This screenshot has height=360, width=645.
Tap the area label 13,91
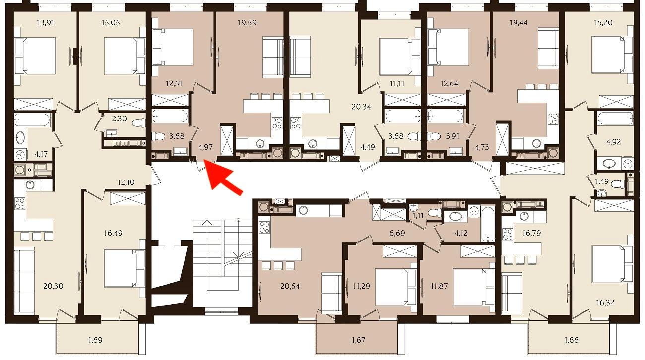coord(46,23)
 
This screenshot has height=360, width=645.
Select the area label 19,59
coord(247,23)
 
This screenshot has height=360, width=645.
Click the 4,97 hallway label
coord(205,147)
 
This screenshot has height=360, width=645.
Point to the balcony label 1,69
coord(95,340)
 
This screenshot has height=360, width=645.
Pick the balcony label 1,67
coord(358,340)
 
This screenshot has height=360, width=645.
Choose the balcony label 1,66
coord(571,340)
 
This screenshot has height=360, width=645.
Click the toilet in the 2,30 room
coord(139,123)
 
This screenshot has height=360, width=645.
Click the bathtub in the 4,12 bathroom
coord(488,224)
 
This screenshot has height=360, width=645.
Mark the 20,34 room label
coord(361,107)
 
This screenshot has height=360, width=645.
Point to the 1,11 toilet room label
coord(418,215)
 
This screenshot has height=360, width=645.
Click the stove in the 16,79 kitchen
coord(508,234)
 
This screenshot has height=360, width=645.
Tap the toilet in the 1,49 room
coord(617,183)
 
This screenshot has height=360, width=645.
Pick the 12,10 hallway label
coord(126,182)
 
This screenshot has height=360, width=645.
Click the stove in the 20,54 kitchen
coord(264,227)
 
